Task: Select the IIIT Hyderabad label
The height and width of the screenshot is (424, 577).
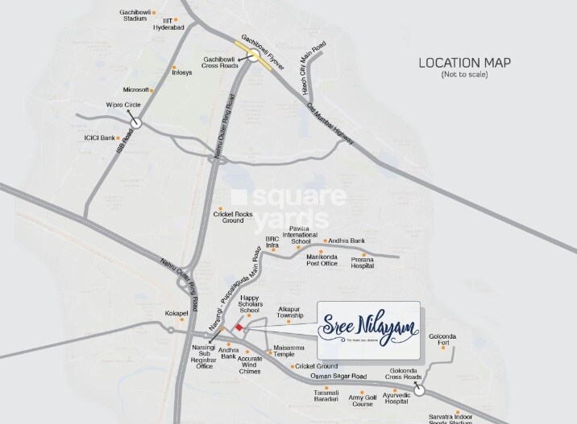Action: pyautogui.click(x=172, y=24)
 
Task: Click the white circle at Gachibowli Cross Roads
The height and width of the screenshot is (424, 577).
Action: pyautogui.click(x=254, y=56)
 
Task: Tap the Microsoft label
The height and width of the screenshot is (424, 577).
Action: pyautogui.click(x=136, y=90)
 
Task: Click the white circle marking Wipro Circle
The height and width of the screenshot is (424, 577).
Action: pyautogui.click(x=137, y=124)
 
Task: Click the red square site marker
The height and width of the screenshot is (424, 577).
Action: pyautogui.click(x=238, y=327)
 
